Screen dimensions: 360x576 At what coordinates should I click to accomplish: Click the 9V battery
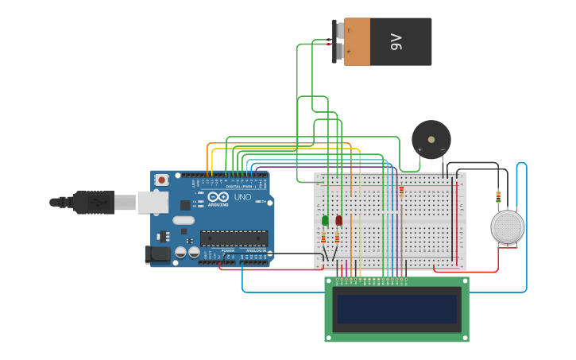(x=387, y=42)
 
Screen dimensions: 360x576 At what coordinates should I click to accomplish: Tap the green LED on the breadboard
(x=325, y=220)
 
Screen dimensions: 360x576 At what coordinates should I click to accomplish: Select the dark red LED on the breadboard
(x=338, y=220)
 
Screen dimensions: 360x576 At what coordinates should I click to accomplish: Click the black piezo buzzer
(x=431, y=140)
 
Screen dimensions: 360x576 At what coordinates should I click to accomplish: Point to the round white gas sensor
(x=508, y=227)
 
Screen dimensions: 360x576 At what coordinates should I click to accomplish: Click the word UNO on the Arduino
(x=242, y=197)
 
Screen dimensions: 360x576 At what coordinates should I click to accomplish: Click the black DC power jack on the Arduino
(x=157, y=254)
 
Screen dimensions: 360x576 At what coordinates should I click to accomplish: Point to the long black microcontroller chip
(x=234, y=238)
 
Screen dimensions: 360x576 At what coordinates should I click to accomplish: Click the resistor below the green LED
(x=323, y=238)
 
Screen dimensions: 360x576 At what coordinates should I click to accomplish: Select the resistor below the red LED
(x=337, y=237)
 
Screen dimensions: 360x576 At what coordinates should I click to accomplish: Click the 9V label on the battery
(x=396, y=42)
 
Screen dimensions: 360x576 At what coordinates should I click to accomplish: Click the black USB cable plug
(x=94, y=203)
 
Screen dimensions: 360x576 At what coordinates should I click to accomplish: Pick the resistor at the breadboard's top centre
(x=401, y=192)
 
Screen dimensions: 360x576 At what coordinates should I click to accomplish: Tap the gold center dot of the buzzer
(x=431, y=140)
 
